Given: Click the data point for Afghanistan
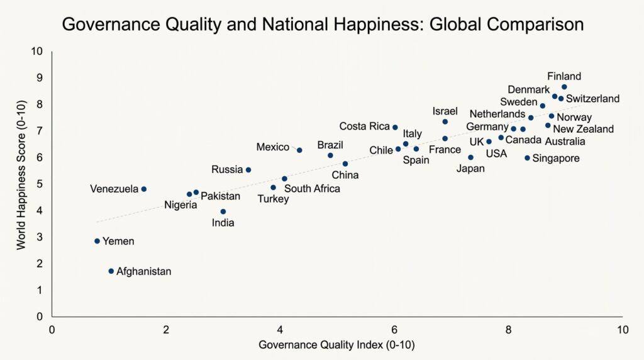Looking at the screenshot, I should coord(111,271).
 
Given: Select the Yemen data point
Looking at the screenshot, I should coord(97,241).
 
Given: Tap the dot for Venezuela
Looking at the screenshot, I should coord(143,189).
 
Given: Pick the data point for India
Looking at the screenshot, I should coord(223,211).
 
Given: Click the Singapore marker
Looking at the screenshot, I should coord(528,158).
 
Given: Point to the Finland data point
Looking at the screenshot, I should coord(564,87).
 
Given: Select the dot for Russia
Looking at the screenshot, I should coord(248,170).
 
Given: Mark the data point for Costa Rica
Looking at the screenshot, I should coord(395,127).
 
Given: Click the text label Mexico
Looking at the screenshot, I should coord(273,147).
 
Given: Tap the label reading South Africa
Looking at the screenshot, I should coord(312,188).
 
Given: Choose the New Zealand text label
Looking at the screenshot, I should coord(583,129).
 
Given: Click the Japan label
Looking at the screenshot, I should coord(470,168).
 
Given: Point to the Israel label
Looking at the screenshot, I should coord(445,111).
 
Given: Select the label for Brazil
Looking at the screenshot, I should coord(330,145).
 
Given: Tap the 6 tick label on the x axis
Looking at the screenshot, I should coord(394,329).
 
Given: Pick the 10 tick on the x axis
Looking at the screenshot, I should coord(622,329).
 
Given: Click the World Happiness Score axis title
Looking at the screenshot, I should coord(21,183).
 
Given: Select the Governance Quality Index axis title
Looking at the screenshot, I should coord(337,345).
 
